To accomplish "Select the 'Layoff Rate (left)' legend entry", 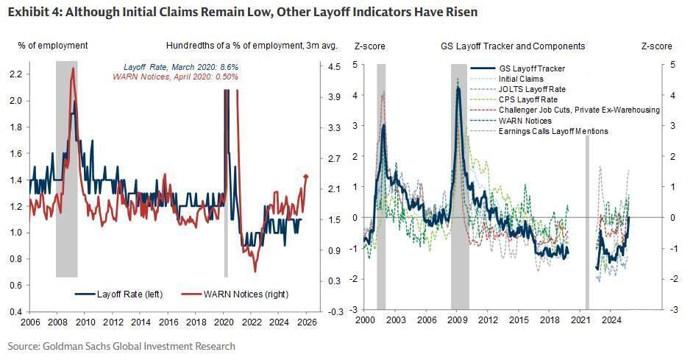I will pos(119,294).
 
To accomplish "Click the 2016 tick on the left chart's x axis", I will pos(168,322).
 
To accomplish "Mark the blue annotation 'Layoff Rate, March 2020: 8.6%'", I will pos(190,67).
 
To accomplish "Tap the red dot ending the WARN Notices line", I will pos(306,176).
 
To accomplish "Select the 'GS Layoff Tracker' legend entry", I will pos(532,69).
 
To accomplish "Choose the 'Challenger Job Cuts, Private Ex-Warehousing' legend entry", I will pos(578,110).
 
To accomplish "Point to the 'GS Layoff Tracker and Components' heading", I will pos(513,46).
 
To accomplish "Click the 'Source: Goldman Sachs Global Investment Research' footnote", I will pos(122,345).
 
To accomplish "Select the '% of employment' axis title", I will pos(53,46).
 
